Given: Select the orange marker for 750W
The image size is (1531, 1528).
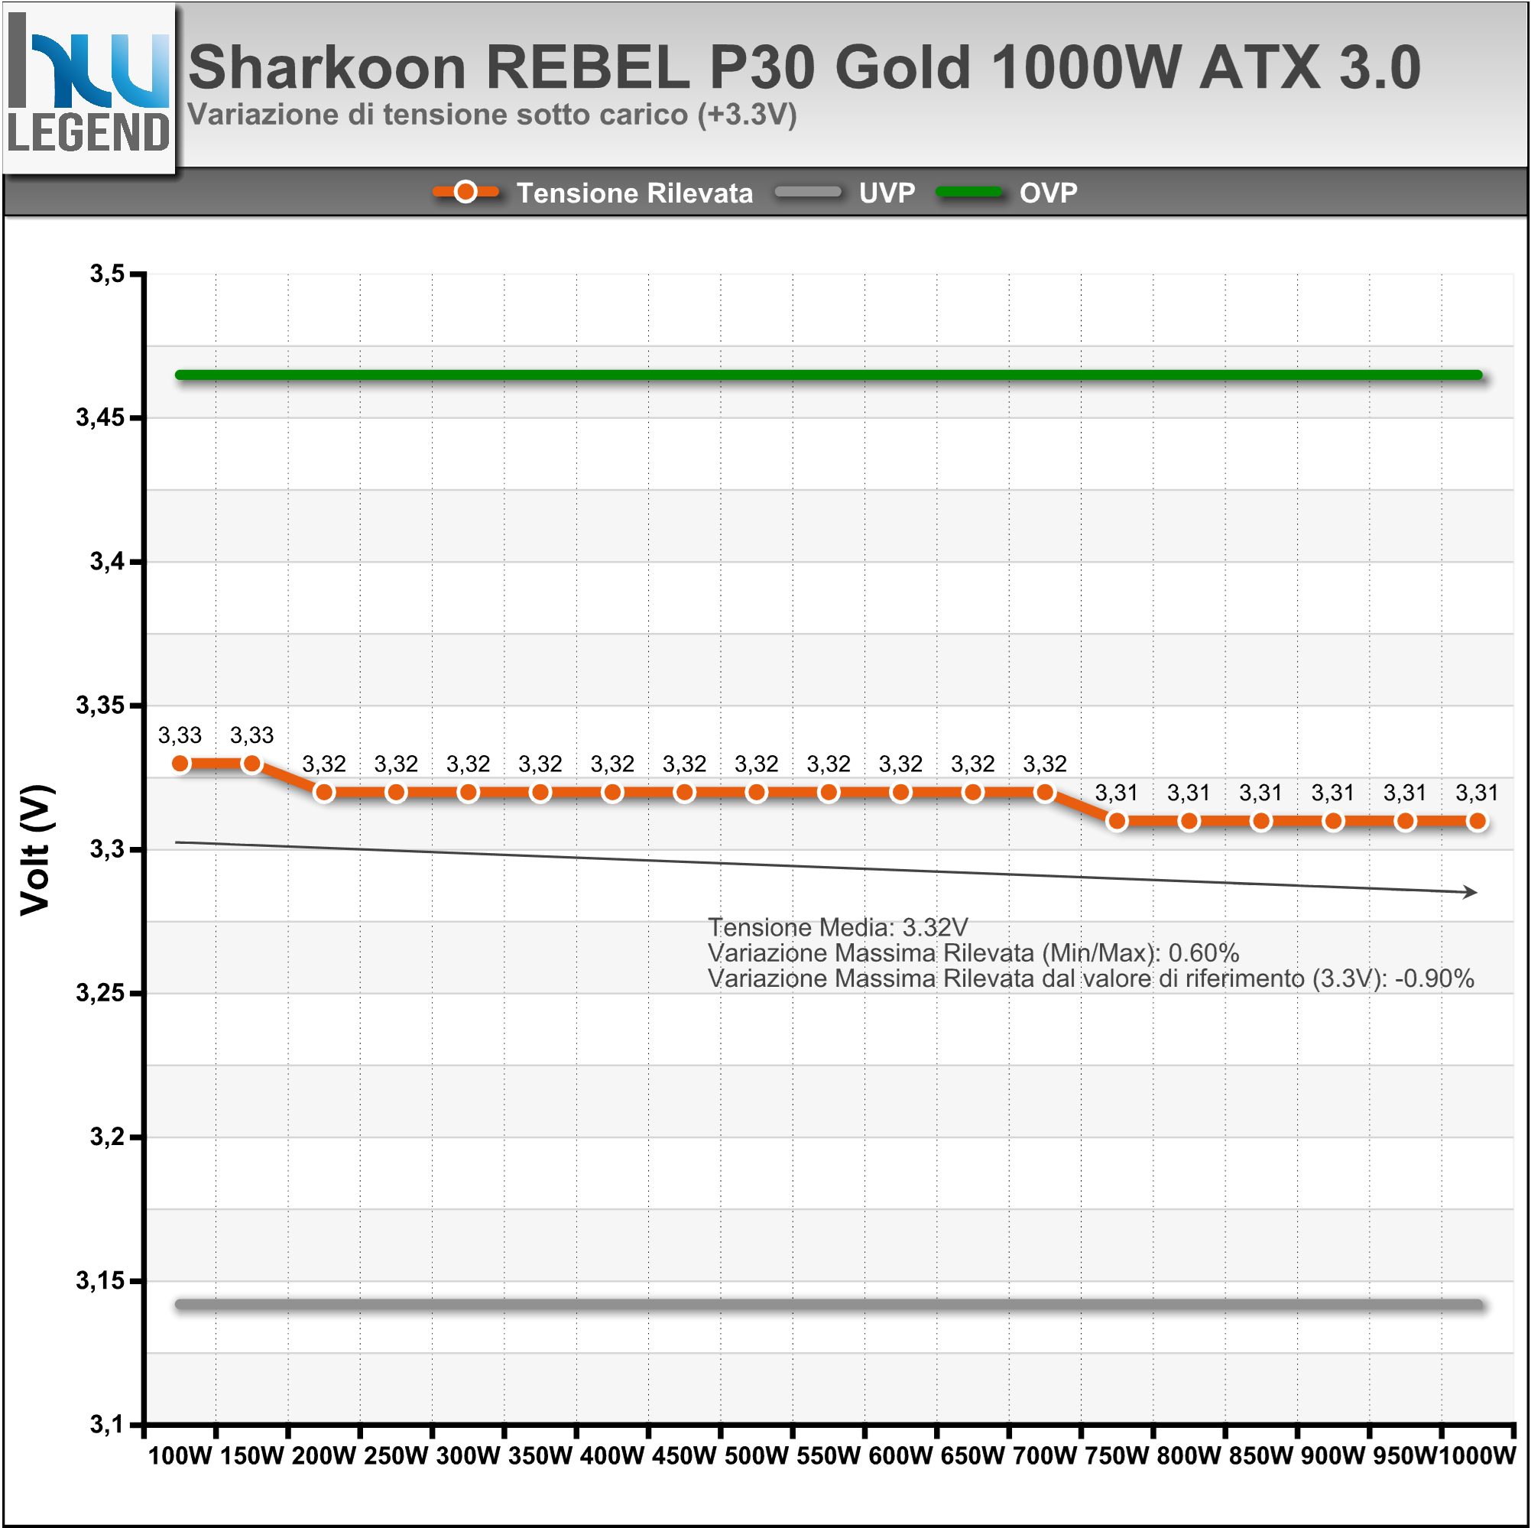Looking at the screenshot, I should tap(1117, 822).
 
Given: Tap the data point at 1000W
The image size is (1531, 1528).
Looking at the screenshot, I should tap(1477, 822).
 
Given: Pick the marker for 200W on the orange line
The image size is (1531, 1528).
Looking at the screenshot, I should tap(324, 793).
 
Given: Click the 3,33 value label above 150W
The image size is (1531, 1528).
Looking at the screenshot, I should tap(252, 735).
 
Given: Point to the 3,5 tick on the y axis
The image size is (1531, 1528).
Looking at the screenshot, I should tap(108, 274).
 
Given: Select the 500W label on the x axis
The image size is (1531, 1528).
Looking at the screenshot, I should tap(757, 1456).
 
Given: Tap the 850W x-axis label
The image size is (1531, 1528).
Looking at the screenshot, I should tap(1260, 1456).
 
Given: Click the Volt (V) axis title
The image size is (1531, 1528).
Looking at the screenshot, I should tap(36, 849).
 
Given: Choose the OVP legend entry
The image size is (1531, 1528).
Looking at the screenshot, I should tap(1048, 193).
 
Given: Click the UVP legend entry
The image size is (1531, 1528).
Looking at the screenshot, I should tap(887, 193).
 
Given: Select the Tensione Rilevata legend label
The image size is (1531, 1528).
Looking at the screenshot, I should tap(634, 193).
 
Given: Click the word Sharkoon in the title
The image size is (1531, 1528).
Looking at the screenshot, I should tap(327, 67).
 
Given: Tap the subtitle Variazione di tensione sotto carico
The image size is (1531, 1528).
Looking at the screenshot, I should tap(491, 115).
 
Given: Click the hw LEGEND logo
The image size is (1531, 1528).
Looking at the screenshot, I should tap(89, 86).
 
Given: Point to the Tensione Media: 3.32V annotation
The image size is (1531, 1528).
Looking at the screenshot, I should tap(838, 927).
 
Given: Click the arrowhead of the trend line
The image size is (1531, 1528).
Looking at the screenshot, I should tap(1472, 892).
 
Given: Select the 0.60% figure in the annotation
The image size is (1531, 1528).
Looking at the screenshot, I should tap(1204, 952).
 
